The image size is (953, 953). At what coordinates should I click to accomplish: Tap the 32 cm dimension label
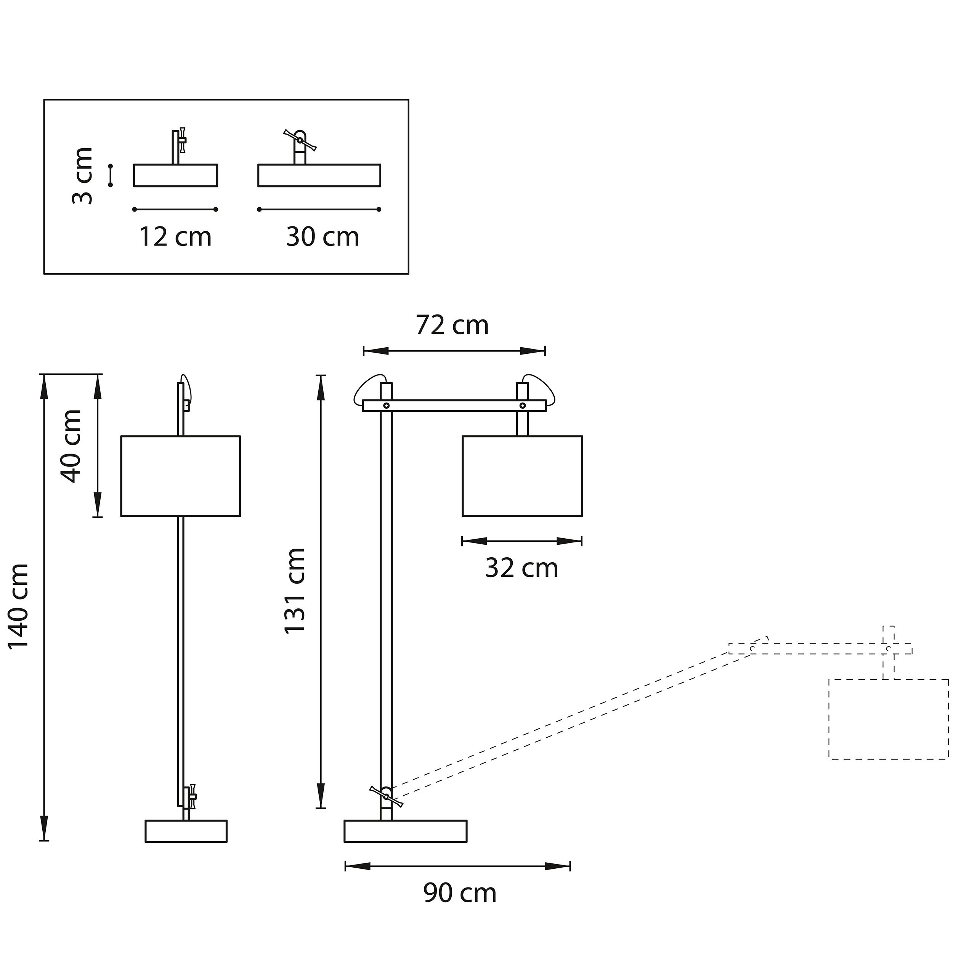pos(521,568)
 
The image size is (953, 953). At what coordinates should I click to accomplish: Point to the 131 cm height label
pos(295,590)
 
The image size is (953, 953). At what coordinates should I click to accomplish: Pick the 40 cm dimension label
pos(71,446)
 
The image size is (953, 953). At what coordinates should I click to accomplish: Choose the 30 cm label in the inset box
pos(322,237)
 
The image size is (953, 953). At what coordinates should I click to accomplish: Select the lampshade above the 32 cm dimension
pos(522,476)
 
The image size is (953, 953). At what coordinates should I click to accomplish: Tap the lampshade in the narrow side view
pos(181,476)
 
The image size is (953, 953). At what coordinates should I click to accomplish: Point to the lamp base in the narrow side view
pos(186,831)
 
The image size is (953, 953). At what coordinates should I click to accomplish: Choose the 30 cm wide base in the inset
pos(319,176)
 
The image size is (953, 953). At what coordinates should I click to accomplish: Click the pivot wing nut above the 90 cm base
pos(386,796)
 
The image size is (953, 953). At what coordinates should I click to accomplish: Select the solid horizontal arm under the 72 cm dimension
pos(454,406)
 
